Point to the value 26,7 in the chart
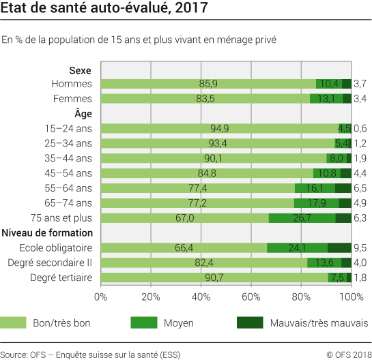(x=302, y=217)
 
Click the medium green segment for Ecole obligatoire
(x=297, y=247)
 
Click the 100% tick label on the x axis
(x=351, y=297)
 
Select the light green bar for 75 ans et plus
(x=184, y=217)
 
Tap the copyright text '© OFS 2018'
(x=346, y=353)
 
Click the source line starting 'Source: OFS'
(x=87, y=353)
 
